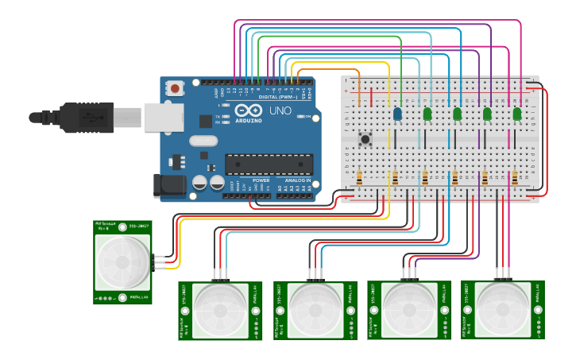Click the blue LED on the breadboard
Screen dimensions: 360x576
pos(397,114)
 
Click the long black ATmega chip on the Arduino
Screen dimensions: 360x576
pos(268,163)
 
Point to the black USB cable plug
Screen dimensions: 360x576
pos(87,117)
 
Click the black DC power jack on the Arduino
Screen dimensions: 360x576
pos(168,186)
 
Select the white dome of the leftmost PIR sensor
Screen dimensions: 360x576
pos(122,261)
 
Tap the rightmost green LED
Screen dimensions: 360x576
pos(517,114)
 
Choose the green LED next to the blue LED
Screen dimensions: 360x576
pos(427,114)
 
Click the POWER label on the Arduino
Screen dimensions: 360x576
pos(261,180)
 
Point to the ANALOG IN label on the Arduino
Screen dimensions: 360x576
pos(298,180)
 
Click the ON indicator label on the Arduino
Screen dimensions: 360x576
pos(307,117)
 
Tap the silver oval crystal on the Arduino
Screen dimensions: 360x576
pos(203,141)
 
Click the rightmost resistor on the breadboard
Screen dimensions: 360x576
pos(515,177)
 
